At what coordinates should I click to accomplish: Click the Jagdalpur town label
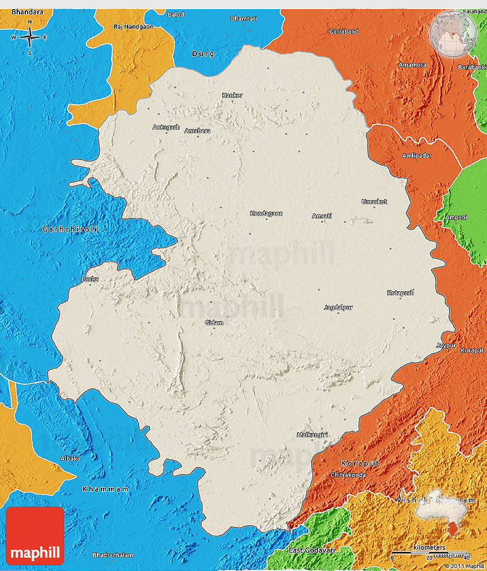(338, 307)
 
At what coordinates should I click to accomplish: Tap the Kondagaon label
(266, 213)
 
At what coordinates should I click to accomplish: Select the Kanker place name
(232, 95)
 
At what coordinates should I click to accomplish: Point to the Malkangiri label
(312, 435)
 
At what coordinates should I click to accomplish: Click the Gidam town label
(214, 323)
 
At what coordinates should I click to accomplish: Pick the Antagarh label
(166, 127)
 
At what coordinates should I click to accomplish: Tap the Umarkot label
(374, 202)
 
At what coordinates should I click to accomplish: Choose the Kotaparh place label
(400, 293)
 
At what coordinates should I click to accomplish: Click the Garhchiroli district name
(70, 229)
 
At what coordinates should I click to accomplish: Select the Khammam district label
(105, 489)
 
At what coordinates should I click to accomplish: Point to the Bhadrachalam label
(113, 555)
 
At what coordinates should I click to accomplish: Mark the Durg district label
(203, 54)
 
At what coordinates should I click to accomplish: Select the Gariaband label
(344, 31)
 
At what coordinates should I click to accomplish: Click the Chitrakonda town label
(348, 475)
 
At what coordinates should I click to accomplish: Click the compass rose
(29, 38)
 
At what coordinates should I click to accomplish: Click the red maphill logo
(35, 536)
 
